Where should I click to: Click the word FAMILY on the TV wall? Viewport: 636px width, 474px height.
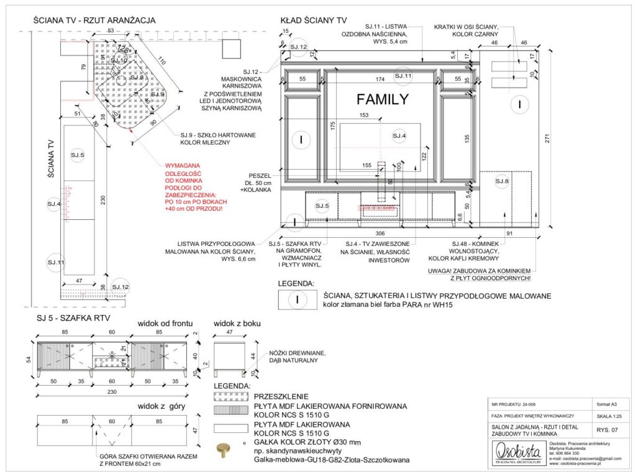click(x=382, y=99)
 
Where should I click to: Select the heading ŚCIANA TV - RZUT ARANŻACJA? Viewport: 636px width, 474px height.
click(x=94, y=20)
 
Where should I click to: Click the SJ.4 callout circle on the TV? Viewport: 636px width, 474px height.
click(x=399, y=135)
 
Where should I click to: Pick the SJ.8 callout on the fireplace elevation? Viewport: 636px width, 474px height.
click(x=502, y=181)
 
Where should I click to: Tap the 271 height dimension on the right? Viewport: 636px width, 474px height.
click(x=547, y=140)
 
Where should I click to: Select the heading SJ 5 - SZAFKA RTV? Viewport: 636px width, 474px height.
click(x=73, y=318)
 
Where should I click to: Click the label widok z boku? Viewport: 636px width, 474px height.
click(x=237, y=324)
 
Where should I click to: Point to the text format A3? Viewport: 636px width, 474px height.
click(x=603, y=403)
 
